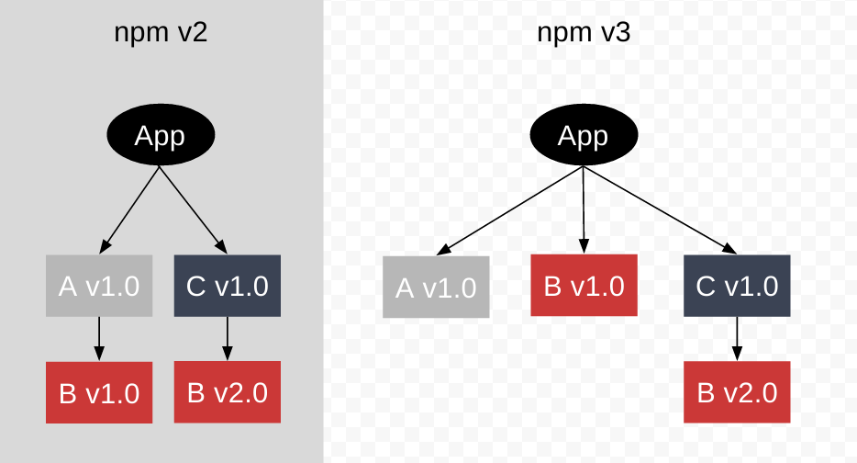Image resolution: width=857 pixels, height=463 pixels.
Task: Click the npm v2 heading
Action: pyautogui.click(x=161, y=34)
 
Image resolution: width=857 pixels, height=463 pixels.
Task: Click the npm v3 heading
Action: pyautogui.click(x=584, y=34)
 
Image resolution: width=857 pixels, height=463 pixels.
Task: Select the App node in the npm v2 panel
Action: pyautogui.click(x=161, y=136)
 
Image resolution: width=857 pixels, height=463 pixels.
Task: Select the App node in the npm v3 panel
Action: pyautogui.click(x=584, y=136)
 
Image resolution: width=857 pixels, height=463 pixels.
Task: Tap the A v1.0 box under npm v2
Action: pyautogui.click(x=99, y=287)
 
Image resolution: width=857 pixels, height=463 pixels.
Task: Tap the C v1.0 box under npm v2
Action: pyautogui.click(x=228, y=287)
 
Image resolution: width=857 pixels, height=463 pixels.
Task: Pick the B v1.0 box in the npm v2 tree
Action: pyautogui.click(x=99, y=393)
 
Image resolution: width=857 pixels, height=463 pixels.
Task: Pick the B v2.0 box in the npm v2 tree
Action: pyautogui.click(x=228, y=393)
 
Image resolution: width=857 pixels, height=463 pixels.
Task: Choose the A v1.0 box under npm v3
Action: pyautogui.click(x=436, y=288)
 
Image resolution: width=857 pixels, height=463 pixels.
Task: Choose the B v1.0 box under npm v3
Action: pyautogui.click(x=584, y=286)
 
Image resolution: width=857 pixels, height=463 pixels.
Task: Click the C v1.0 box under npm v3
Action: pyautogui.click(x=737, y=287)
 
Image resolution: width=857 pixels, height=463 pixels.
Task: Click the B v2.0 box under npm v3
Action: pyautogui.click(x=737, y=393)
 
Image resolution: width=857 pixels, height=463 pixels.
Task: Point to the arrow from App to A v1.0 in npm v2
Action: pyautogui.click(x=130, y=209)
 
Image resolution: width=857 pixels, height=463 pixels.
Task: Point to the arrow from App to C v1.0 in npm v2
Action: pyautogui.click(x=194, y=209)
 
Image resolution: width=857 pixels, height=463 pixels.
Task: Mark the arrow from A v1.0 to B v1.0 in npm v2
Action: pyautogui.click(x=99, y=339)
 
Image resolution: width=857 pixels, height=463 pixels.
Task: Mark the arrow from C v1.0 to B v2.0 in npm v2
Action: pyautogui.click(x=228, y=339)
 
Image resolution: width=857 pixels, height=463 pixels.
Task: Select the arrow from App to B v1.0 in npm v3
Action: pyautogui.click(x=584, y=209)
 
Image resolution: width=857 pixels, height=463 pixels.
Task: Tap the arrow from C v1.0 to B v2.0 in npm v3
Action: pyautogui.click(x=737, y=339)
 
